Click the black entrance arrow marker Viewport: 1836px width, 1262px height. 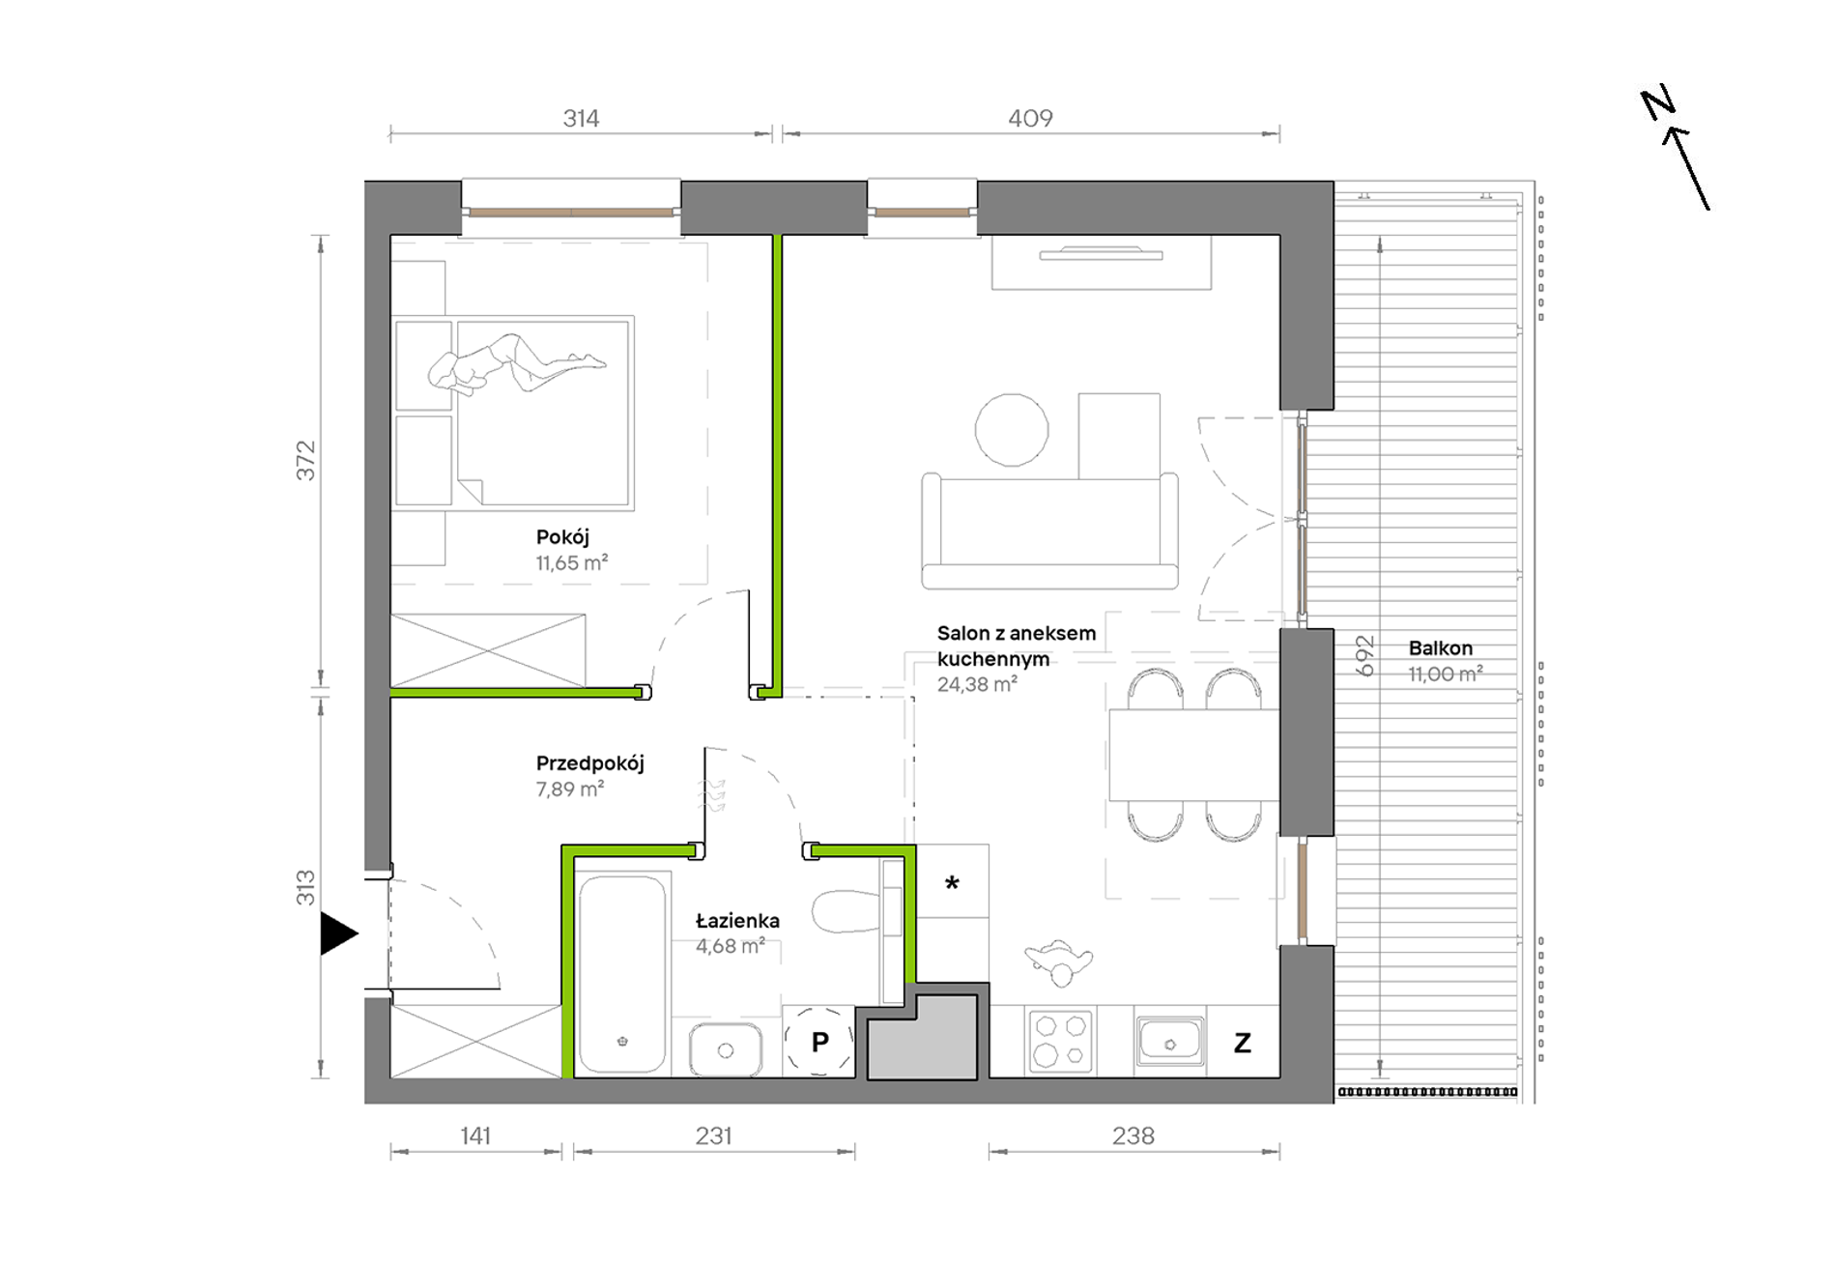click(x=338, y=933)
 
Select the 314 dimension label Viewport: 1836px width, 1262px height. click(x=581, y=118)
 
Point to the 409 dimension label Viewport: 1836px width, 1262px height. click(x=1030, y=118)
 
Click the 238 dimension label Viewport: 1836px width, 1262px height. click(x=1133, y=1135)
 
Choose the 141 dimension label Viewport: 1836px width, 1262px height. click(x=475, y=1135)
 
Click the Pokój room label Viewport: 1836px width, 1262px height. click(x=562, y=537)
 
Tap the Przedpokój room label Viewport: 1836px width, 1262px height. click(x=589, y=763)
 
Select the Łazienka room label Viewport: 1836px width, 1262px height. click(x=737, y=921)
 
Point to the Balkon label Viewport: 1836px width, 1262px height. click(x=1440, y=648)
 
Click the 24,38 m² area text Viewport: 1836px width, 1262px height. click(x=977, y=684)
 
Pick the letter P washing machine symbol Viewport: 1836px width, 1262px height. click(x=819, y=1042)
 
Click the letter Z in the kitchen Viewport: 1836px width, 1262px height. click(x=1243, y=1043)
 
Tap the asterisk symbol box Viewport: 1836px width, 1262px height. click(x=952, y=881)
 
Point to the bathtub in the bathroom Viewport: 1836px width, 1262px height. click(x=622, y=973)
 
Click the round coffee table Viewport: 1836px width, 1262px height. click(x=1012, y=430)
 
